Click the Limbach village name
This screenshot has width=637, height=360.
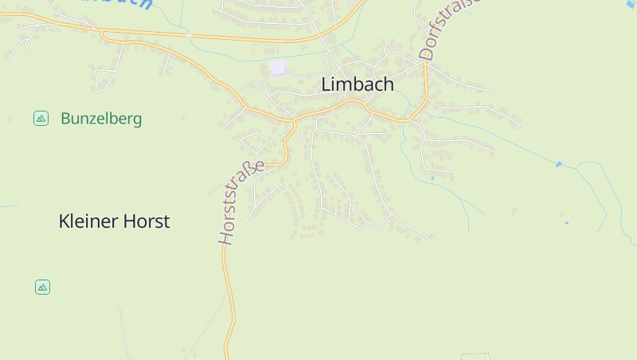pyautogui.click(x=358, y=84)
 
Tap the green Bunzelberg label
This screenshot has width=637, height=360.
pyautogui.click(x=101, y=119)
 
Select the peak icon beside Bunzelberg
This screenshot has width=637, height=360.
pyautogui.click(x=41, y=119)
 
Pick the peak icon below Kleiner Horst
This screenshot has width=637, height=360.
pyautogui.click(x=42, y=287)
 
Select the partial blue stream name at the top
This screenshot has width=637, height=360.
pyautogui.click(x=127, y=4)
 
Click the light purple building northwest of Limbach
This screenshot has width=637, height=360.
pyautogui.click(x=277, y=68)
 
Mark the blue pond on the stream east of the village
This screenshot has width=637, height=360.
pyautogui.click(x=558, y=165)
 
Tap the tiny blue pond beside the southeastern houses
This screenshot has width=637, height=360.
pyautogui.click(x=432, y=178)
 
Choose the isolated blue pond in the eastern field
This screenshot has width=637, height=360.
pyautogui.click(x=566, y=222)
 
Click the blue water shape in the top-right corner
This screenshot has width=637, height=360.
pyautogui.click(x=631, y=4)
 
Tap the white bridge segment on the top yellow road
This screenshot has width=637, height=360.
pyautogui.click(x=189, y=36)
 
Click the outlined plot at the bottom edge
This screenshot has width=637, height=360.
pyautogui.click(x=475, y=356)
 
